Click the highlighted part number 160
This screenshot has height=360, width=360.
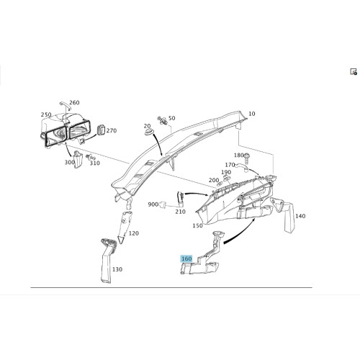[x=186, y=258]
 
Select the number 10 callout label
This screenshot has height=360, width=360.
[x=252, y=114]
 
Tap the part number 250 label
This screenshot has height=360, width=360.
[x=46, y=114]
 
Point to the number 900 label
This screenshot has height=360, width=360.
[x=153, y=204]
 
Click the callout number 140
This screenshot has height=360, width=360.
[x=300, y=216]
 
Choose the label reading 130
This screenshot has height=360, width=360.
[x=117, y=269]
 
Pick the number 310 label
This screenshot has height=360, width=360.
[x=94, y=163]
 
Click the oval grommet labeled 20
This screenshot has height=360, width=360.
[x=150, y=132]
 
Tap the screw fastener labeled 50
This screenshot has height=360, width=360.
[x=162, y=120]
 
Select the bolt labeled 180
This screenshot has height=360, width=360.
[x=247, y=156]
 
